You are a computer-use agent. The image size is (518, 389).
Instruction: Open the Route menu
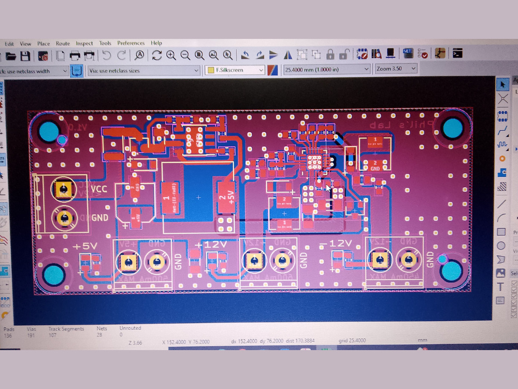63,44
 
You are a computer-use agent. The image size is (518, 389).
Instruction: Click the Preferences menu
131,43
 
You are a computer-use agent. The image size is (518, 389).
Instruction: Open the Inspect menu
84,44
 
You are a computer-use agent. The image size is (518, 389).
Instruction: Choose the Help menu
156,43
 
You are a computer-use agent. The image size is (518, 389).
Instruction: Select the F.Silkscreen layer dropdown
235,70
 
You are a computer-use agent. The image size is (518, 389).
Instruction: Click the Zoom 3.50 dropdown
396,68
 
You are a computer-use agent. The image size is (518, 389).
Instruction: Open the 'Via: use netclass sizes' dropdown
144,71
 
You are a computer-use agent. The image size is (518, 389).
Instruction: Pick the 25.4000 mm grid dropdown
326,69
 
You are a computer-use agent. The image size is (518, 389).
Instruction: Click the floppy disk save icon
25,55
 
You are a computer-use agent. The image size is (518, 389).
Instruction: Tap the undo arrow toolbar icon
107,55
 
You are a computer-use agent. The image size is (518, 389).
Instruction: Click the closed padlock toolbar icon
330,54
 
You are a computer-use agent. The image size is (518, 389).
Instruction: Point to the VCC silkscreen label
98,189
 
